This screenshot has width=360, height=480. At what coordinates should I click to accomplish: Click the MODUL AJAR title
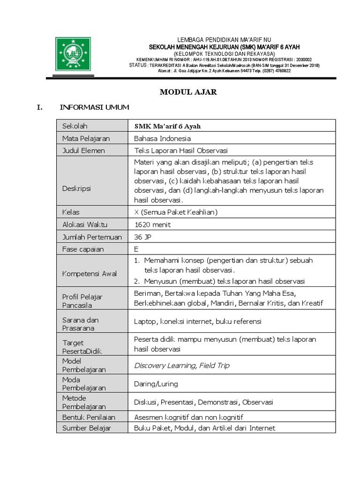click(188, 92)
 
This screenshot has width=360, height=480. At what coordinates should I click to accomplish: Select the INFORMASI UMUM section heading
click(94, 108)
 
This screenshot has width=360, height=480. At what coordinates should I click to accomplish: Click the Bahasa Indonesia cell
click(162, 138)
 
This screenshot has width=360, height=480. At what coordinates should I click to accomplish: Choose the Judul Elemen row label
click(83, 150)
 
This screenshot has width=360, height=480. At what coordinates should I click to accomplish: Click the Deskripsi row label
click(76, 188)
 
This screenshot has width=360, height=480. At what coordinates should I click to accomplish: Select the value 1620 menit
click(152, 225)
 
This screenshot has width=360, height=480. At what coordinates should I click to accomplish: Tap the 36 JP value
click(143, 237)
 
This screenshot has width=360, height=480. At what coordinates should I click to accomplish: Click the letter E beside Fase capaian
click(136, 249)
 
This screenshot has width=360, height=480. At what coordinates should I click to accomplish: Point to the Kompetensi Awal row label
click(90, 273)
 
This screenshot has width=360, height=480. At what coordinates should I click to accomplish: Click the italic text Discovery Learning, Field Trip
click(181, 365)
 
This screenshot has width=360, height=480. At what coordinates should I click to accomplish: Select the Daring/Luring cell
click(156, 384)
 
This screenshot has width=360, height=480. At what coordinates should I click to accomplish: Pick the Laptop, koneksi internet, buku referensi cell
click(197, 322)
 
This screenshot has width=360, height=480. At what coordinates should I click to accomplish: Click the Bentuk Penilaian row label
click(89, 417)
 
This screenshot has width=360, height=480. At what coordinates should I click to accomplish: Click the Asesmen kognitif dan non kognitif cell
click(188, 417)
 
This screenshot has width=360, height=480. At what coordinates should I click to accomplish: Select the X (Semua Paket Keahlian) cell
click(176, 212)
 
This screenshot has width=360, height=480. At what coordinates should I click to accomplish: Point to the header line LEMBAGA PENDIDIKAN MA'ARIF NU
click(224, 40)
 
